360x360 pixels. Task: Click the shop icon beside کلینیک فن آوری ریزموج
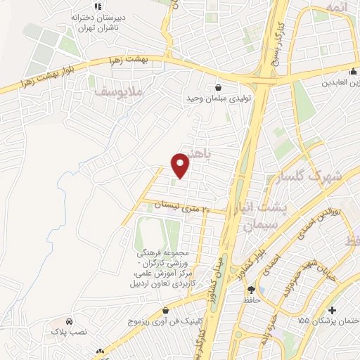[x=166, y=310]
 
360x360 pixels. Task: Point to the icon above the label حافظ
[x=251, y=289]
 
